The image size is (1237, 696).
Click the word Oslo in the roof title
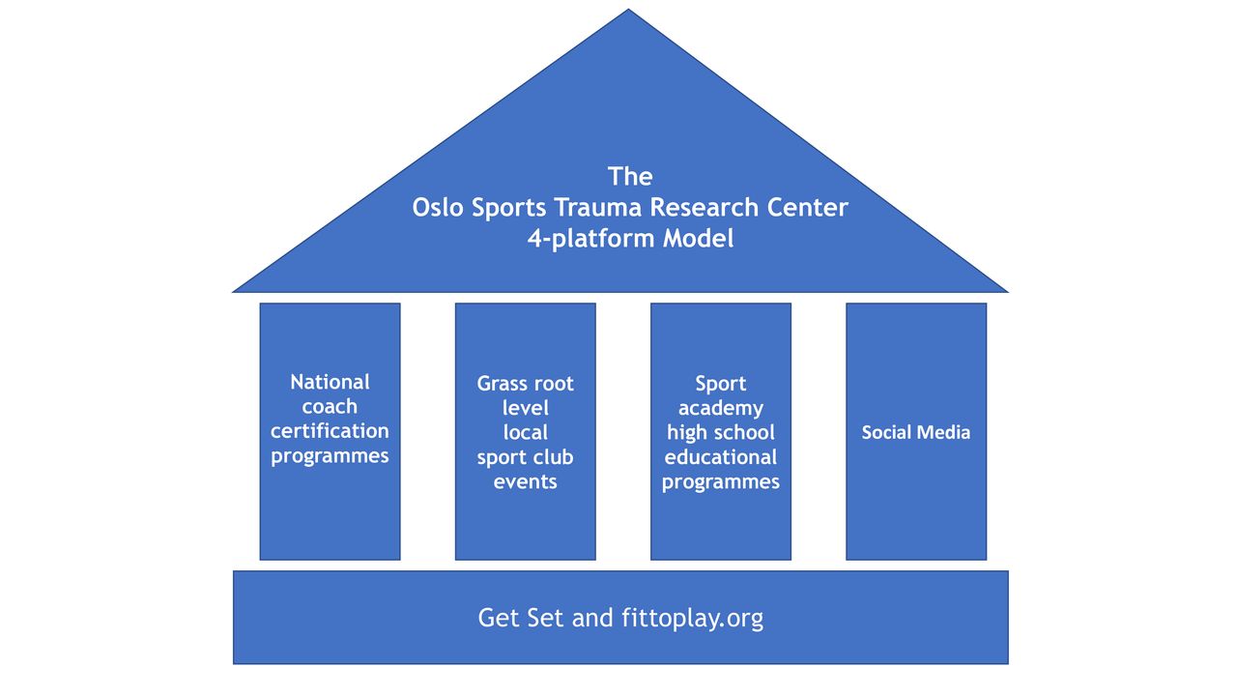[x=438, y=208]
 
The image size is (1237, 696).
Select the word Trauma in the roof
[x=598, y=208]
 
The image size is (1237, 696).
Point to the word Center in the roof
[x=799, y=208]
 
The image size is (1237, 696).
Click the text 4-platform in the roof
[x=590, y=239]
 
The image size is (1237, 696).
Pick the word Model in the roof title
[x=698, y=238]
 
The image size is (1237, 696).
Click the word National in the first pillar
[x=330, y=382]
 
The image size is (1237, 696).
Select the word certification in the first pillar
[x=330, y=431]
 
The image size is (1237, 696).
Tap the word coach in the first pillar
[x=330, y=407]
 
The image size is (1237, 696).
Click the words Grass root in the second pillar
[x=525, y=384]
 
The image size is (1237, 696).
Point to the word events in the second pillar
[x=525, y=481]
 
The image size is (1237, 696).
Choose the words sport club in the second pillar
[x=525, y=458]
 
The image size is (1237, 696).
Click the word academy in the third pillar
[x=721, y=409]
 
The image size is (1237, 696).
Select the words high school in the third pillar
[x=721, y=432]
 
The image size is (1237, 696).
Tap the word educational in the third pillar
[x=721, y=457]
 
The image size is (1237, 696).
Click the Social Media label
[x=915, y=432]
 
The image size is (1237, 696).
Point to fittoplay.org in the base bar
[x=693, y=618]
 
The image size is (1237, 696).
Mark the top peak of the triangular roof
[x=628, y=10]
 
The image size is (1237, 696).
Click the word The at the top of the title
[x=630, y=177]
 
